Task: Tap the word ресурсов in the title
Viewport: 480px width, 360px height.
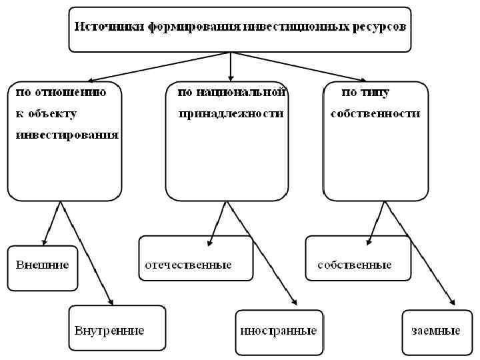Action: pyautogui.click(x=377, y=27)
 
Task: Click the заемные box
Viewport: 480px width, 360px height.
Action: pyautogui.click(x=435, y=331)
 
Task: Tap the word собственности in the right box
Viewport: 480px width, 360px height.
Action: pyautogui.click(x=375, y=114)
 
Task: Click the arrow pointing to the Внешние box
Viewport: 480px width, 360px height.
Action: pyautogui.click(x=51, y=223)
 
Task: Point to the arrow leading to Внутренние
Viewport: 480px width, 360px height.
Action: pyautogui.click(x=87, y=253)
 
